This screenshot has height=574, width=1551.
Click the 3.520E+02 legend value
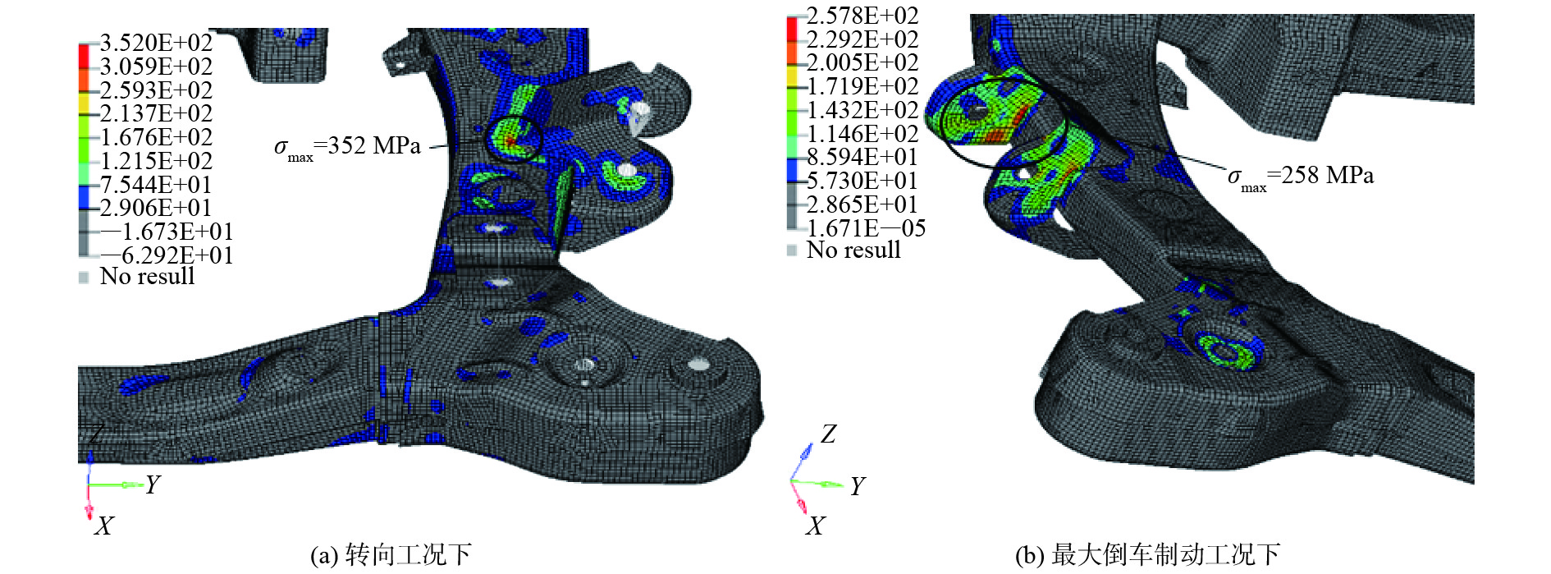[x=156, y=43]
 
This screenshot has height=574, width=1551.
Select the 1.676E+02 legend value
[x=156, y=137]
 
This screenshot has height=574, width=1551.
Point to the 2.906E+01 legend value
[x=156, y=208]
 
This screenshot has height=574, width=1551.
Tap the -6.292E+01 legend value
[x=167, y=255]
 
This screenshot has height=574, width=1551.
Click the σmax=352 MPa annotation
[x=347, y=148]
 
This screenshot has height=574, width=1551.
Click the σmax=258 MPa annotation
[x=1301, y=177]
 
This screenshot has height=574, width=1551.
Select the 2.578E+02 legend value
[x=862, y=16]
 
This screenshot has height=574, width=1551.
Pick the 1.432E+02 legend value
[x=862, y=110]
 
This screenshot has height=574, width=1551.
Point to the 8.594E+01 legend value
[x=862, y=157]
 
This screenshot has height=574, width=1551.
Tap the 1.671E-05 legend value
[x=866, y=228]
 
